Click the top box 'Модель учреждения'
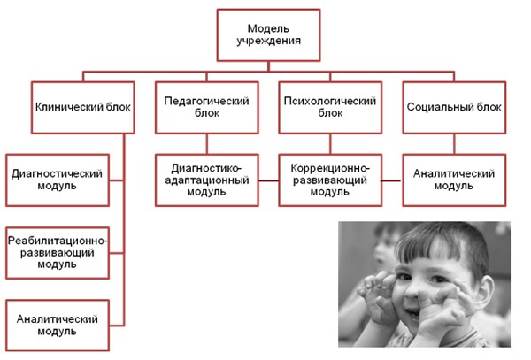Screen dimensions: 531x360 click(268, 35)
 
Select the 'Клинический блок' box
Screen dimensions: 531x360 click(83, 108)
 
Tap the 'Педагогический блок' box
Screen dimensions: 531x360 click(207, 108)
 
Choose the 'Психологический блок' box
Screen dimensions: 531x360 click(330, 108)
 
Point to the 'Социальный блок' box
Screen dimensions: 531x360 click(454, 108)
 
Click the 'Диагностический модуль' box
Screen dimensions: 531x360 click(58, 180)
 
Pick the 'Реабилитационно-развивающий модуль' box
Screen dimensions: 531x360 click(58, 253)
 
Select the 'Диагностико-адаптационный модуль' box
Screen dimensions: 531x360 click(207, 180)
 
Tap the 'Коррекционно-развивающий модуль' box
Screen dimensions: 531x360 click(330, 180)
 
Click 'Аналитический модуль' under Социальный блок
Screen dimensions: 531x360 click(454, 180)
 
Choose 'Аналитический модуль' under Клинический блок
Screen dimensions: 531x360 click(58, 326)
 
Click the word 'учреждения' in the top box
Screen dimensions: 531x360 click(268, 42)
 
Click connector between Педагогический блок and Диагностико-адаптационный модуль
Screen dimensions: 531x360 click(207, 144)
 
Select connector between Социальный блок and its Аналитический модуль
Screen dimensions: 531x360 click(454, 144)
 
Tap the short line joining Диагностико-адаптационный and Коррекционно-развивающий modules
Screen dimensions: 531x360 click(268, 180)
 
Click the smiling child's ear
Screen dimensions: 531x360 click(486, 292)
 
